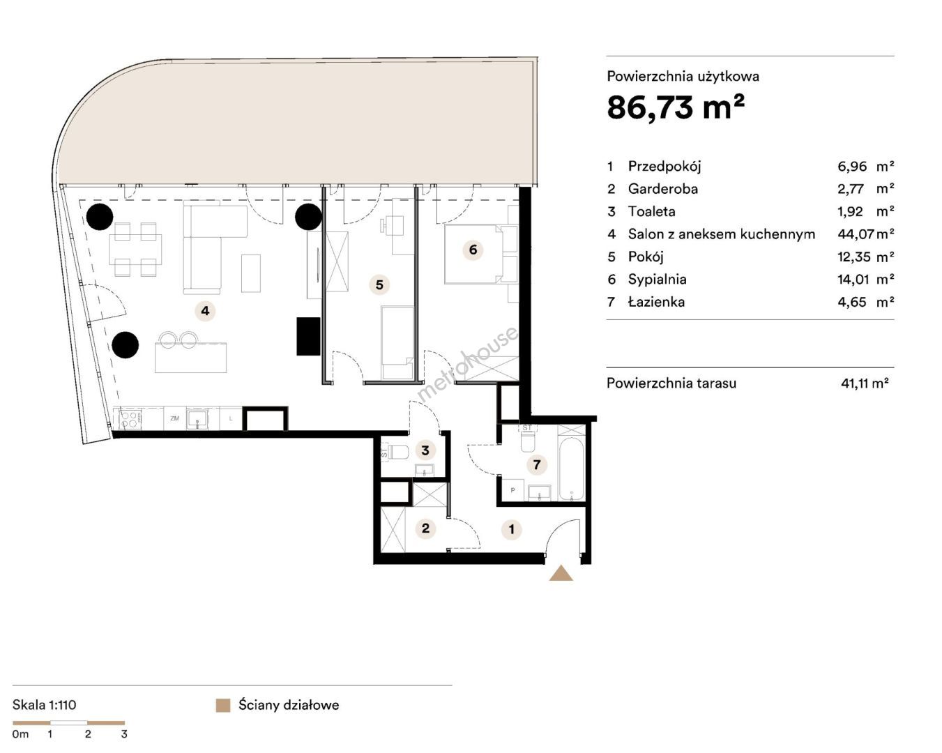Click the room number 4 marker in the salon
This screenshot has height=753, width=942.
pos(205,311)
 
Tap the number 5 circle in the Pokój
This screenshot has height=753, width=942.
pos(379,285)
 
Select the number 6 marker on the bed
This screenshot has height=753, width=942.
pos(473,250)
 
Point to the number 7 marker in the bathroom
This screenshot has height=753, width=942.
pos(537,464)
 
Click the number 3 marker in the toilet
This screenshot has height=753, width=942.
pos(425,450)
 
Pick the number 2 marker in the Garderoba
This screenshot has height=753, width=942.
pos(425,528)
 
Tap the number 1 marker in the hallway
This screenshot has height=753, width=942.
pos(511,529)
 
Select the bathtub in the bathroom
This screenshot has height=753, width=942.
pos(571,469)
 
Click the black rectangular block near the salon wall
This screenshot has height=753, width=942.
pos(309,336)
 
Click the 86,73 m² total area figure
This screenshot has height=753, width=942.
pos(676,107)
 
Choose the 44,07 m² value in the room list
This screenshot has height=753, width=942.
pos(865,234)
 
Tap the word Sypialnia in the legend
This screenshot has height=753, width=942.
pos(657,280)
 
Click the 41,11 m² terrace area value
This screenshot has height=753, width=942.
pos(865,383)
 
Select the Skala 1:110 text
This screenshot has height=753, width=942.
pos(44,705)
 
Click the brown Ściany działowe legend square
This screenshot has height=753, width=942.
pos(223,706)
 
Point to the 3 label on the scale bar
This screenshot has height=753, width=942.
pos(124,734)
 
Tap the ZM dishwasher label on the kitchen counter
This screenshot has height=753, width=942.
pos(174,418)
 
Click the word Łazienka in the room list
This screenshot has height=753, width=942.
pos(656,302)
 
